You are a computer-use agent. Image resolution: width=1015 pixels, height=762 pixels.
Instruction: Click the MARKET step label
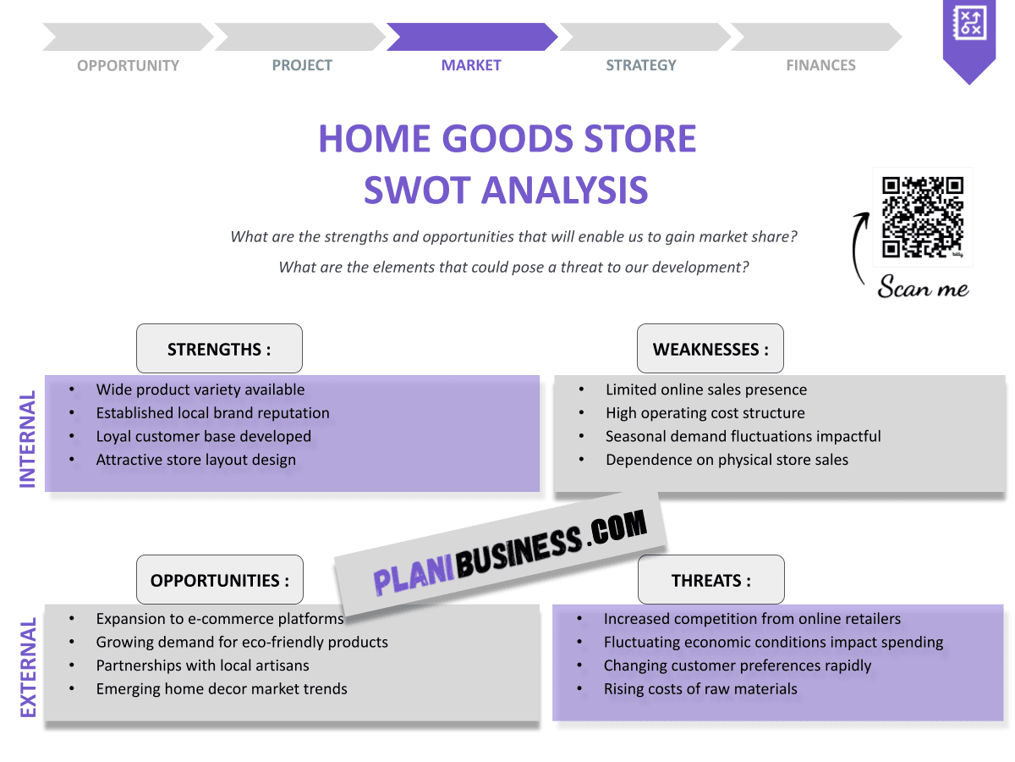(x=471, y=65)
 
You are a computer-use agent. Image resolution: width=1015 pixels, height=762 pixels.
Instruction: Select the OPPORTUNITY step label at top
(x=128, y=65)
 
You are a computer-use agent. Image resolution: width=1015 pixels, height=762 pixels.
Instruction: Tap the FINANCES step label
(x=820, y=65)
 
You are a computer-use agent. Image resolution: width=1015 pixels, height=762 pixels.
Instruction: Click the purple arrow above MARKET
(x=471, y=37)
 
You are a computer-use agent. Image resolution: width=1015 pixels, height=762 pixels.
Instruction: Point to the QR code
(x=923, y=217)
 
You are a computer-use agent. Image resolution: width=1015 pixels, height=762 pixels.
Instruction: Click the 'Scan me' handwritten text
(x=923, y=288)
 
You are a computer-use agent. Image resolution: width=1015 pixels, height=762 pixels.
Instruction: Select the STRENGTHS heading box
(x=219, y=349)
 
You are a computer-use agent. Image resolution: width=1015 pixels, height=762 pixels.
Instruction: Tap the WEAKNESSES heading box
(x=710, y=349)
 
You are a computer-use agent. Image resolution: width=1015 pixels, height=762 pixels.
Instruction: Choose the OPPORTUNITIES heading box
(x=220, y=580)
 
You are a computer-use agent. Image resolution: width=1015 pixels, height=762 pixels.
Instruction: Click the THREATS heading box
(x=710, y=580)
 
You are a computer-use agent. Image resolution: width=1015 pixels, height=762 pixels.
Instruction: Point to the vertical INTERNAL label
(x=28, y=439)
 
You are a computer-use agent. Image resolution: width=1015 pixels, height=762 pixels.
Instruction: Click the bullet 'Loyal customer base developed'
(x=203, y=437)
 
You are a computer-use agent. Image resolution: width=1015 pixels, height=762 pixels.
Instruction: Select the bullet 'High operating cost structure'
(x=705, y=413)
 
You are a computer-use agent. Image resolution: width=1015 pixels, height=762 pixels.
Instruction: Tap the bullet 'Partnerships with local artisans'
(x=202, y=665)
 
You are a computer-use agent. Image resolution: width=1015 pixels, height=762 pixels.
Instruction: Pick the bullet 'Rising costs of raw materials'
(x=700, y=689)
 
